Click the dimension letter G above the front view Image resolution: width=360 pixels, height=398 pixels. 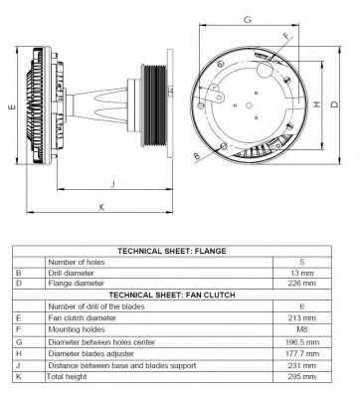click(x=248, y=20)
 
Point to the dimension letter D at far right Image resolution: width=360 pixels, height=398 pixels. click(x=335, y=104)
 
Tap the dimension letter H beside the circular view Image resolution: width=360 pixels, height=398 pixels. click(x=317, y=104)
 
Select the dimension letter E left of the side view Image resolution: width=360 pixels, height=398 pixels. click(x=12, y=106)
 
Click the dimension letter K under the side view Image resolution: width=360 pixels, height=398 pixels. click(x=101, y=207)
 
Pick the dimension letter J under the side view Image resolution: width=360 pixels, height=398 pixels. click(x=113, y=183)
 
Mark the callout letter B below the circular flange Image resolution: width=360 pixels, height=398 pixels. click(x=197, y=156)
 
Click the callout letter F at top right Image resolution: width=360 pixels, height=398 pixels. click(x=287, y=36)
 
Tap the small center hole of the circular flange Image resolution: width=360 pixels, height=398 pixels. click(x=249, y=105)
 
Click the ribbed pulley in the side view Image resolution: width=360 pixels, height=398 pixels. click(x=154, y=105)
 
